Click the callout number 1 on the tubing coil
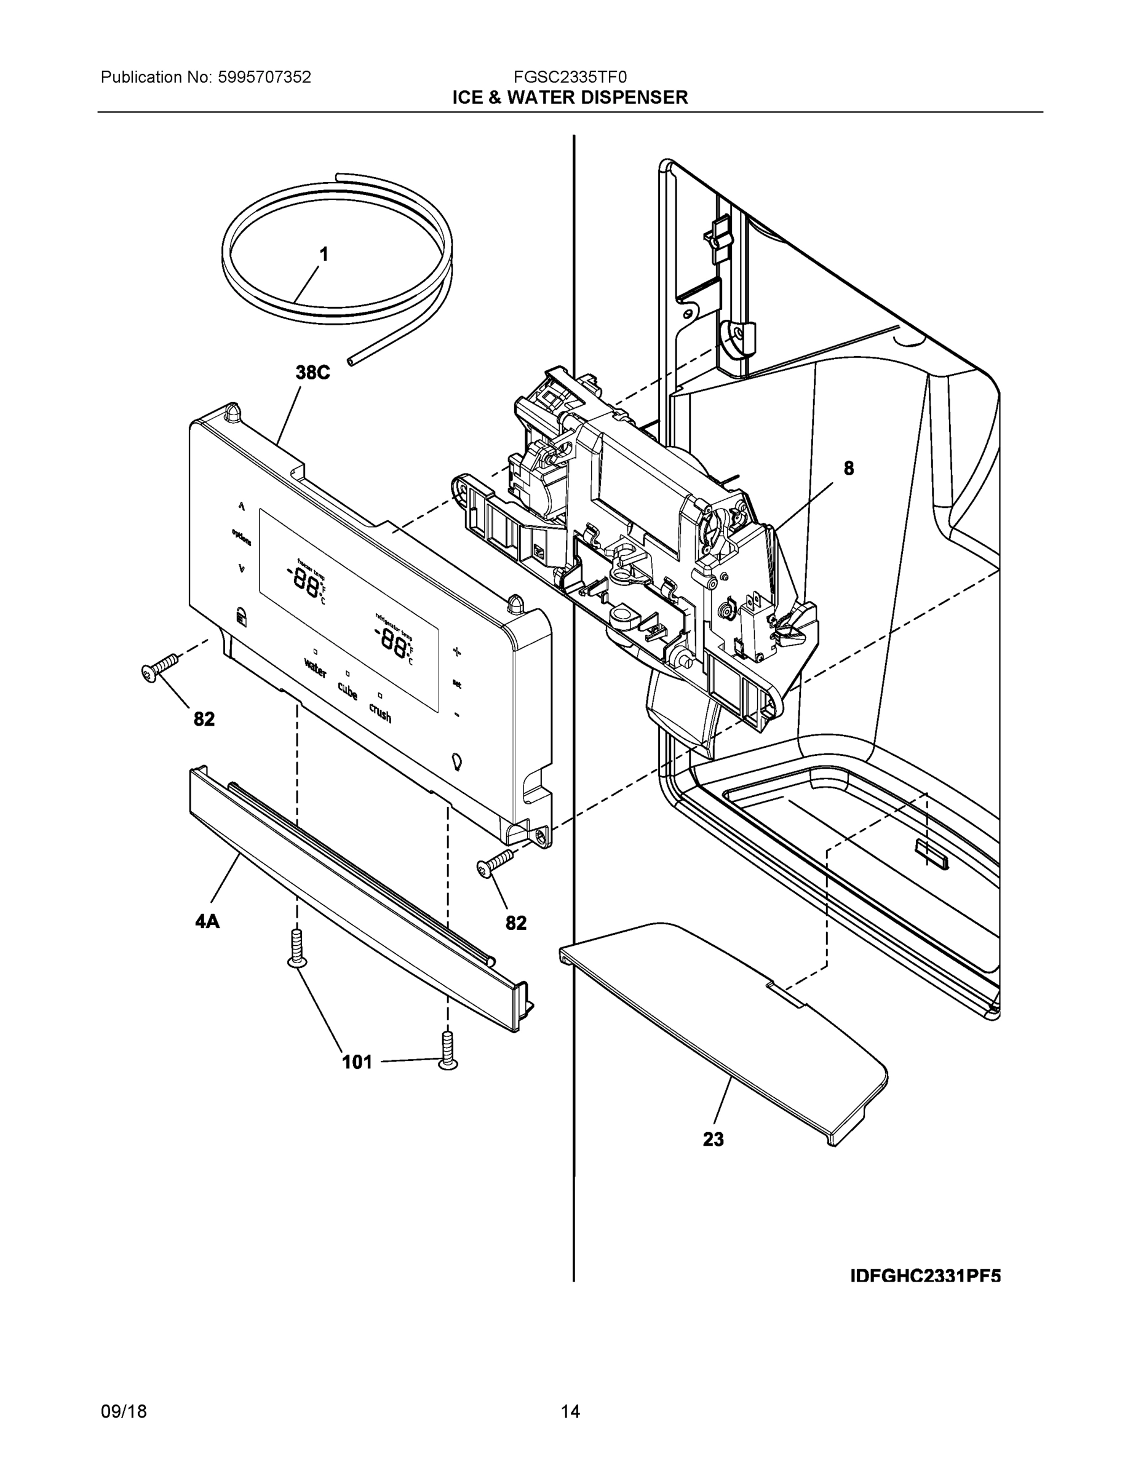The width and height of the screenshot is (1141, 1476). tap(324, 254)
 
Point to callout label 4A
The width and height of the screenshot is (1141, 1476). tap(207, 921)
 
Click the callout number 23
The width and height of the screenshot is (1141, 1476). tap(713, 1140)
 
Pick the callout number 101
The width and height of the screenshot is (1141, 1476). tap(357, 1062)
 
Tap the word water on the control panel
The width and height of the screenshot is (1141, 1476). tap(315, 669)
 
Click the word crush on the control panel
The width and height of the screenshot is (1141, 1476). tap(380, 712)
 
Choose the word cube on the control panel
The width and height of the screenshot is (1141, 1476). tap(348, 691)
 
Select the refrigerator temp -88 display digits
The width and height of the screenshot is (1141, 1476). tap(392, 638)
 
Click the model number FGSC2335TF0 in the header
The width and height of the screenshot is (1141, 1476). tap(570, 77)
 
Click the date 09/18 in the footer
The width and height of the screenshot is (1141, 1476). tap(124, 1411)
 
